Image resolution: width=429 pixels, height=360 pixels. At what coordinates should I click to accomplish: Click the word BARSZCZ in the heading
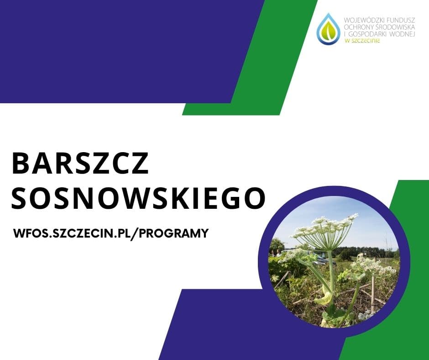click(80, 163)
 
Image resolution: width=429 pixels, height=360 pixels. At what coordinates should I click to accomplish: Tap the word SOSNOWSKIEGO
click(138, 198)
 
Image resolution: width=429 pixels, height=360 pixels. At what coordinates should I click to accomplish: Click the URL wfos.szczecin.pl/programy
click(111, 233)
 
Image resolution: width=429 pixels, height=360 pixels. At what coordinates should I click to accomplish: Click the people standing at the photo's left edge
click(276, 253)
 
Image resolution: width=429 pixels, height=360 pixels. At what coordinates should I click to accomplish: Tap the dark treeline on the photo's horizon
click(365, 251)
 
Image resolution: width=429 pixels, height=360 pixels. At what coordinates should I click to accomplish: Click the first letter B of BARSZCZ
click(21, 163)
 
